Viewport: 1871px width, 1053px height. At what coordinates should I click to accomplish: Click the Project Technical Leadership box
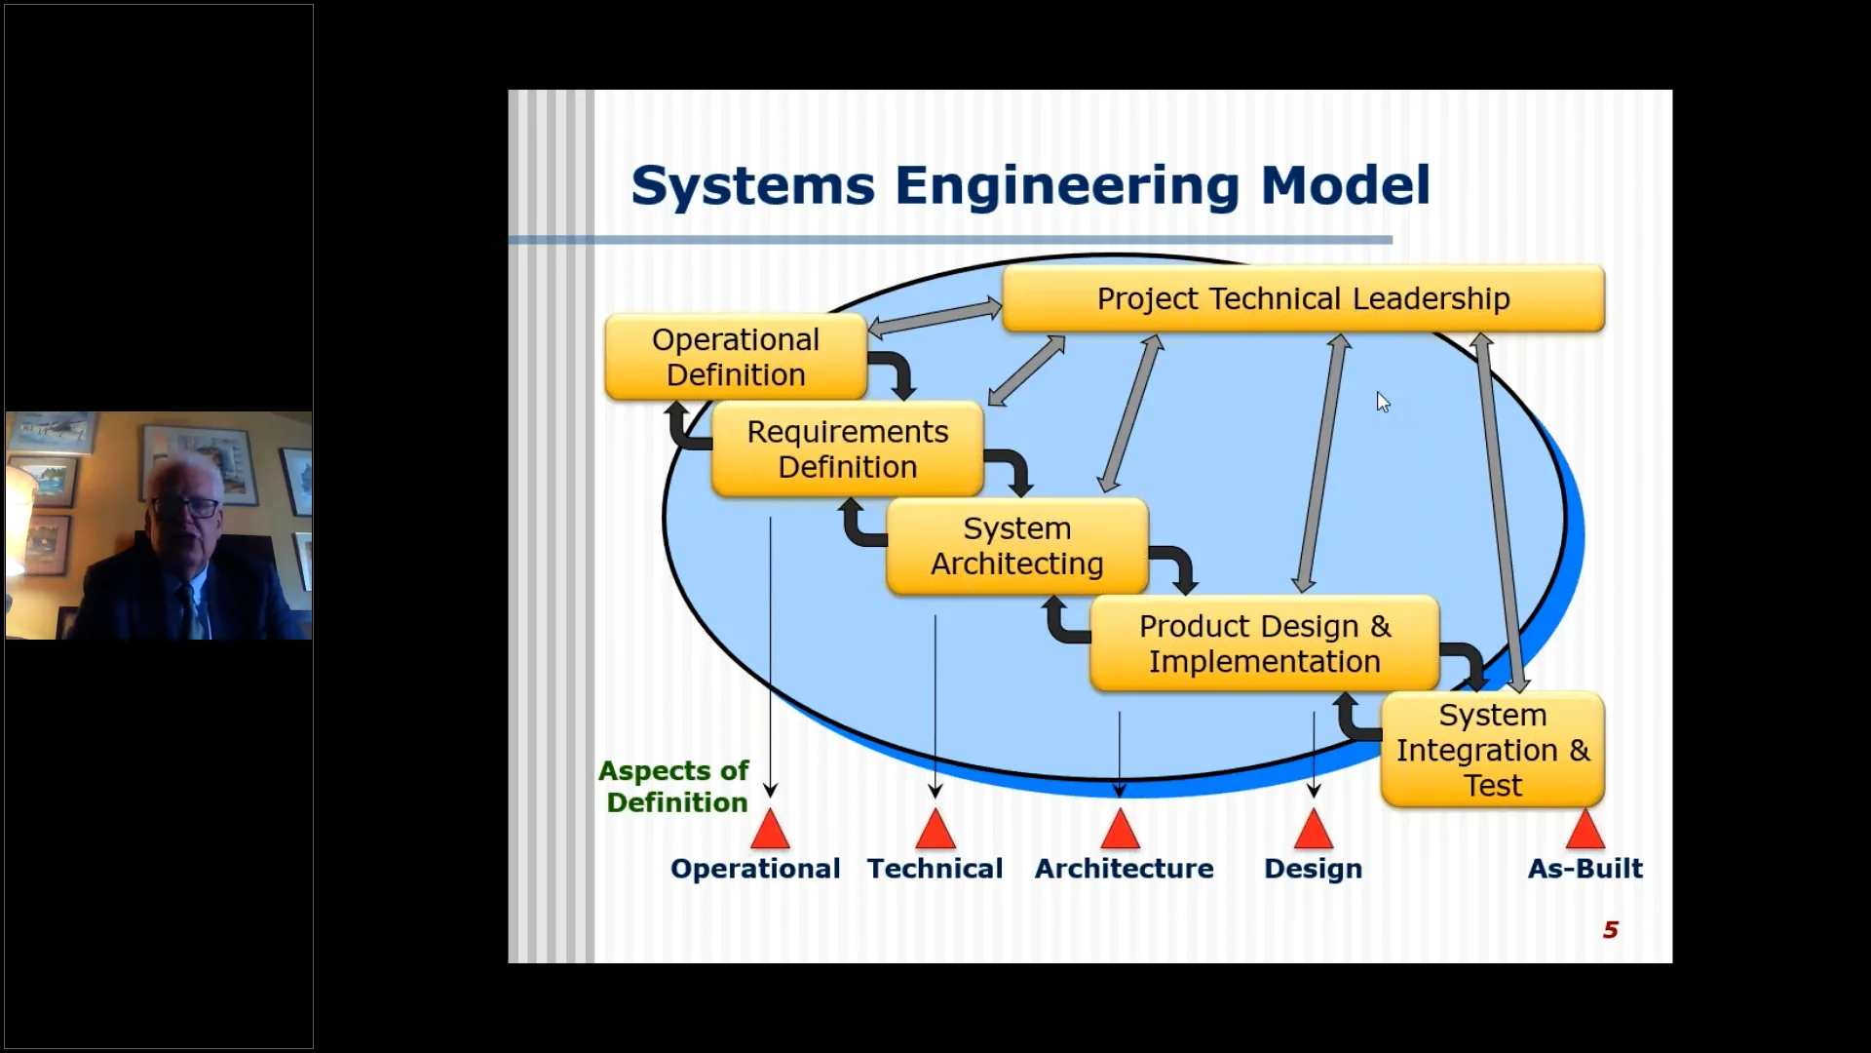[x=1303, y=298]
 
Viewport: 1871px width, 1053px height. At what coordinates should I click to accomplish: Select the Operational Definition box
[x=736, y=357]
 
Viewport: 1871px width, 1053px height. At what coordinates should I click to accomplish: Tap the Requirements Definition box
[x=847, y=448]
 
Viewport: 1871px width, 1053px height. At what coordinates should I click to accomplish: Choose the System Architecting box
[x=1017, y=546]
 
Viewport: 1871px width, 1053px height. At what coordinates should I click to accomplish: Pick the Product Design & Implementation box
[x=1264, y=643]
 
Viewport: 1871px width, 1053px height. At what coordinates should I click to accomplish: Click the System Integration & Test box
[x=1492, y=750]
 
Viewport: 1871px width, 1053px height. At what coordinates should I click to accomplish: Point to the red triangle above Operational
[x=770, y=829]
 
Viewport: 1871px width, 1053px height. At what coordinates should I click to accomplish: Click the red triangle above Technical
[x=935, y=829]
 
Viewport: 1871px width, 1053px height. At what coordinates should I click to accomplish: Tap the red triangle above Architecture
[x=1120, y=829]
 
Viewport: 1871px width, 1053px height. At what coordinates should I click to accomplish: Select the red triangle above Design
[x=1313, y=829]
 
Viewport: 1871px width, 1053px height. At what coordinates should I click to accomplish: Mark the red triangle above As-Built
[x=1585, y=829]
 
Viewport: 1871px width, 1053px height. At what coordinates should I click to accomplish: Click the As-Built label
[x=1585, y=868]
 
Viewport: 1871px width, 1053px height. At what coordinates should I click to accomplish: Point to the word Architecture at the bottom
[x=1124, y=868]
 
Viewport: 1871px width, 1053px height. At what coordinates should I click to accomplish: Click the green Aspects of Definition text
[x=674, y=786]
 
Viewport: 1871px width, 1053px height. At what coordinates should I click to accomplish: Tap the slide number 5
[x=1610, y=930]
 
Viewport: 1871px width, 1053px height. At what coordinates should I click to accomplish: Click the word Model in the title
[x=1345, y=185]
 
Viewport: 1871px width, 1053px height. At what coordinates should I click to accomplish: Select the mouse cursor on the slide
[x=1383, y=402]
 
